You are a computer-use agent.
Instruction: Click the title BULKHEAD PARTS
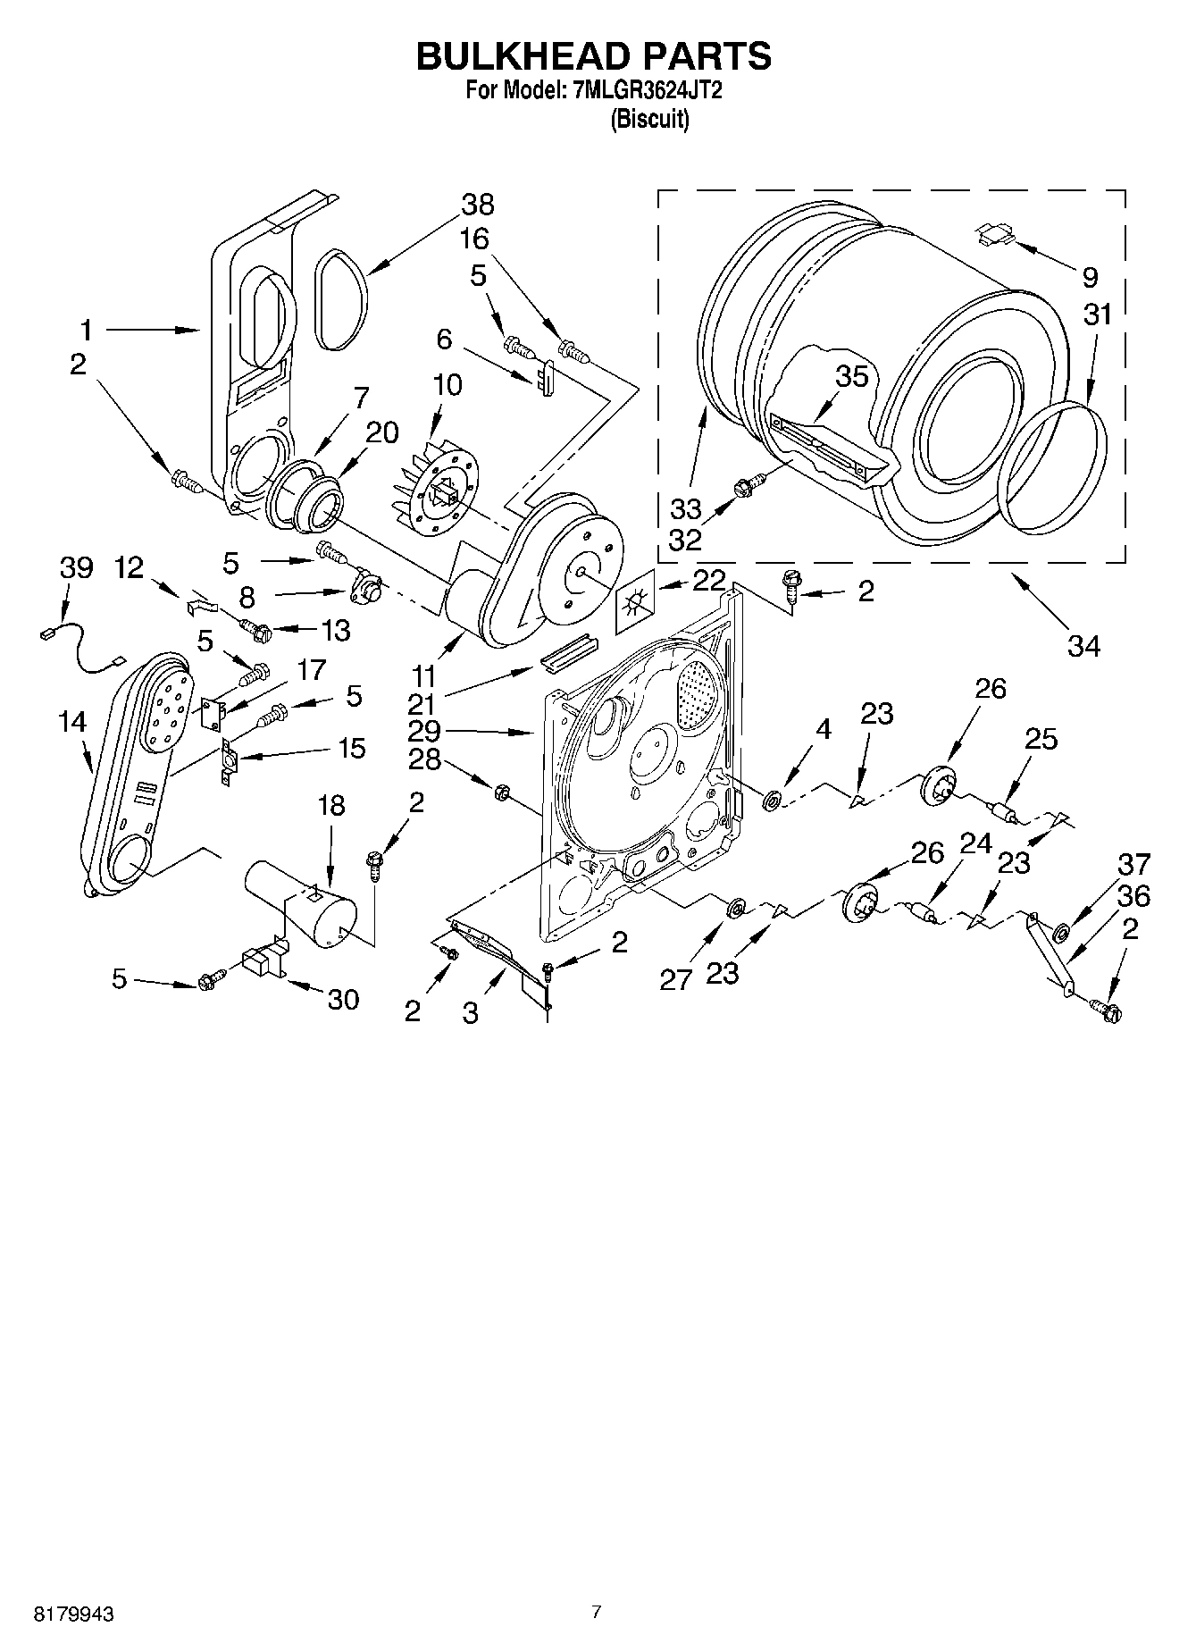point(594,55)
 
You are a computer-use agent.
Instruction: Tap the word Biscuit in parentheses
point(649,119)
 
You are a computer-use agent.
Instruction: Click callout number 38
point(478,205)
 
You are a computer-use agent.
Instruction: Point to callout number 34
point(1083,645)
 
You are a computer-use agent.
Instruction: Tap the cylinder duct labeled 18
point(304,902)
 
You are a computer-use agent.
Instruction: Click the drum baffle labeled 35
point(826,444)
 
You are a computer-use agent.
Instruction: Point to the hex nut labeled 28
point(501,791)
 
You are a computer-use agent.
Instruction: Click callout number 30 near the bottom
point(343,999)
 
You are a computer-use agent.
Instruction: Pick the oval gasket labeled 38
point(339,299)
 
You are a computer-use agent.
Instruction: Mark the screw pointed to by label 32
point(745,488)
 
